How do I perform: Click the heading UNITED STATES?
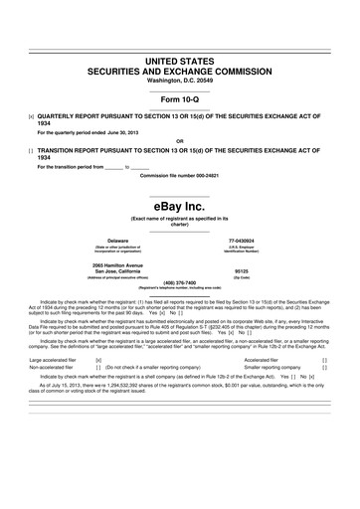coord(180,62)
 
